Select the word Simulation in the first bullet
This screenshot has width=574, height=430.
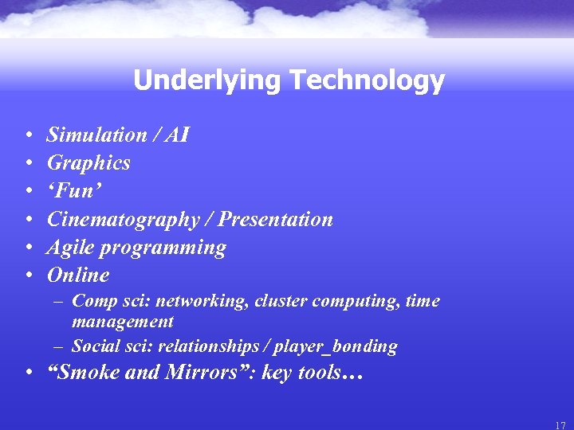[x=96, y=135]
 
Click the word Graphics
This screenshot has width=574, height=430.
[x=88, y=163]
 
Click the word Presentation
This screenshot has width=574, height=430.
[x=276, y=220]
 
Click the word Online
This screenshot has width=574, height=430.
[x=78, y=276]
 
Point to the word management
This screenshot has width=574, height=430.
[x=122, y=322]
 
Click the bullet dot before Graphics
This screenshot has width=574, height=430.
[x=28, y=163]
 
